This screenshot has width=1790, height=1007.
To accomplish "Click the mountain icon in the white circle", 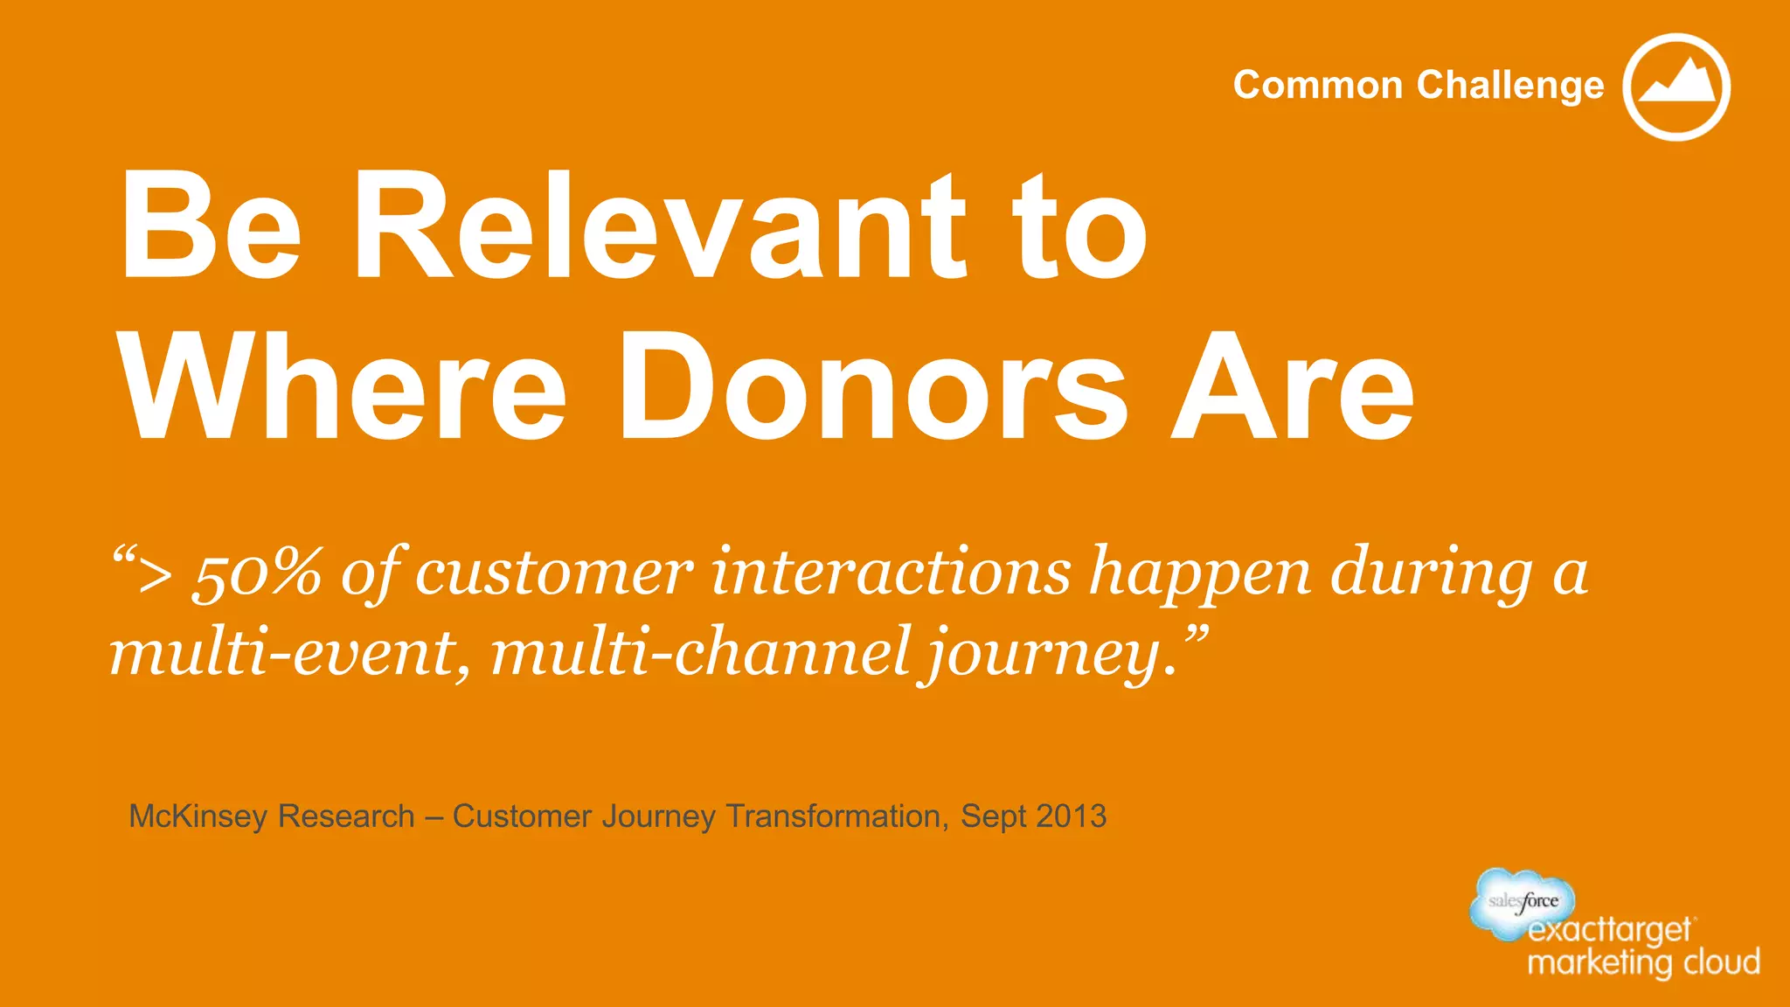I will click(x=1676, y=87).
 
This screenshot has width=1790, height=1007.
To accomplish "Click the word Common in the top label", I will click(x=1317, y=86).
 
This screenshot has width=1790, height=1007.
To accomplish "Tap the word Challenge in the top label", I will click(x=1510, y=87).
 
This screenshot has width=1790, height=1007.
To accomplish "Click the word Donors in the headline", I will click(x=873, y=387).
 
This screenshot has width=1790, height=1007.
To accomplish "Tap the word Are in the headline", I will click(x=1292, y=387).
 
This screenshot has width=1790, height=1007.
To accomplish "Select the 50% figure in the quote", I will click(x=256, y=573).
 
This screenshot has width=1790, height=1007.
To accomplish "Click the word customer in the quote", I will click(x=553, y=573).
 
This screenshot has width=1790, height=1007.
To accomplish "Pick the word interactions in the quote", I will click(x=891, y=572).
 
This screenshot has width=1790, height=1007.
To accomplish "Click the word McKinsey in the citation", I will click(x=198, y=816).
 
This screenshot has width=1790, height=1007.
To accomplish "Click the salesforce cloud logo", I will click(x=1523, y=900).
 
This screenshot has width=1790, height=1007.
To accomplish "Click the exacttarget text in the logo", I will click(x=1609, y=931).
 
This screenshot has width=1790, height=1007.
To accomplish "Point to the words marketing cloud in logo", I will click(x=1643, y=962).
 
